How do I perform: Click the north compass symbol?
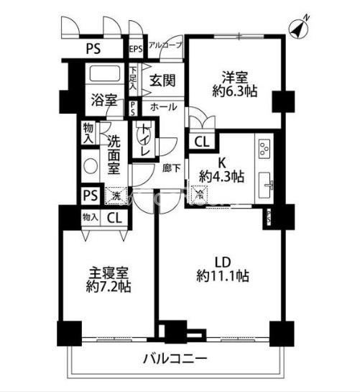tap(299, 28)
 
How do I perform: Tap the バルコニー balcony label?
tap(175, 358)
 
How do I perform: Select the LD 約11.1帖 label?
tap(223, 268)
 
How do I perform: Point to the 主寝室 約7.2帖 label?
tap(108, 281)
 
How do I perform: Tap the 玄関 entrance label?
tap(163, 81)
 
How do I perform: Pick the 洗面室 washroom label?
tap(113, 155)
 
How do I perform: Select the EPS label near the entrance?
tap(136, 49)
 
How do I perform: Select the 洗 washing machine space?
tap(114, 195)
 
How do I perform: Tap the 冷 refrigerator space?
tap(200, 193)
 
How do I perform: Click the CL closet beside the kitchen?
tap(201, 142)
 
